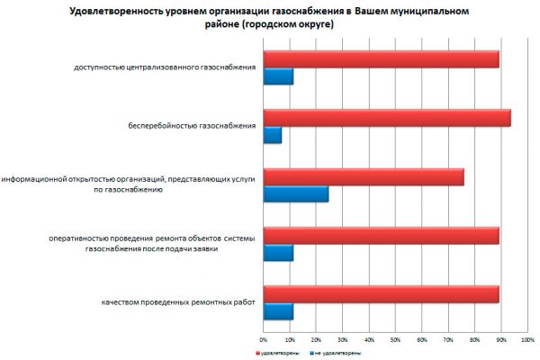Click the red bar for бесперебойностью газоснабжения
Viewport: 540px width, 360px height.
387,118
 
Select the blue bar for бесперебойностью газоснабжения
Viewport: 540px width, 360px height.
273,135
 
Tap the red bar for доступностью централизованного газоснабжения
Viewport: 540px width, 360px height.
381,60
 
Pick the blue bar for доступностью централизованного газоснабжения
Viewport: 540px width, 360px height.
278,77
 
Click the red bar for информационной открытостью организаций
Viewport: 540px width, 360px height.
364,176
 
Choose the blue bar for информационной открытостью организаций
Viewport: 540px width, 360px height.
295,193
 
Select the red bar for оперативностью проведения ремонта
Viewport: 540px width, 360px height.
381,235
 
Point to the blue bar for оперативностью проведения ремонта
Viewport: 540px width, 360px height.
278,252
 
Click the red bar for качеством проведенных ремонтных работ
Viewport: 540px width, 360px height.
381,294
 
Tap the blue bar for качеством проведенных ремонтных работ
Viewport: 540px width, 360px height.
278,311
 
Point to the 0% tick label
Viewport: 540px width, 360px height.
263,340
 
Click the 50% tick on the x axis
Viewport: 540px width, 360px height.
395,340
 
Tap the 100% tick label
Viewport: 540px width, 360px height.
527,340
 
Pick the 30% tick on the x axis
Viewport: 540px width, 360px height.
342,340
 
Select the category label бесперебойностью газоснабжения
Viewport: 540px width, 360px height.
193,126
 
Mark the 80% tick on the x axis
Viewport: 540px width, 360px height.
474,340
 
